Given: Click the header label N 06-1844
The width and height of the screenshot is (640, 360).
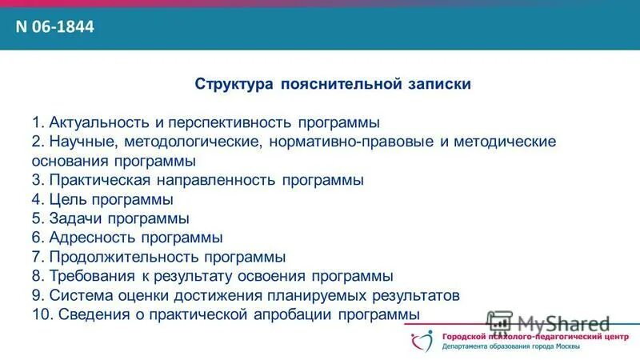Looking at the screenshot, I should tap(55, 27).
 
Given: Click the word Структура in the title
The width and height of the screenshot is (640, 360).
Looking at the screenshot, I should tap(233, 84).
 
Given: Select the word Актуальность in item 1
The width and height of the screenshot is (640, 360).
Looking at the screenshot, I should tap(98, 123).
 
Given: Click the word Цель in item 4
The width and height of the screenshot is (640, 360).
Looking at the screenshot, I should tap(66, 199).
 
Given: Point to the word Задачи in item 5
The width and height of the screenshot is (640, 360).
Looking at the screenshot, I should tap(75, 218).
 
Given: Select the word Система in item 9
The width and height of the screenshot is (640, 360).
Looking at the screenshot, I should tap(77, 295).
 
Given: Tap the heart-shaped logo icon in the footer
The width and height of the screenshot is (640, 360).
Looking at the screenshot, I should tap(418, 342).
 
